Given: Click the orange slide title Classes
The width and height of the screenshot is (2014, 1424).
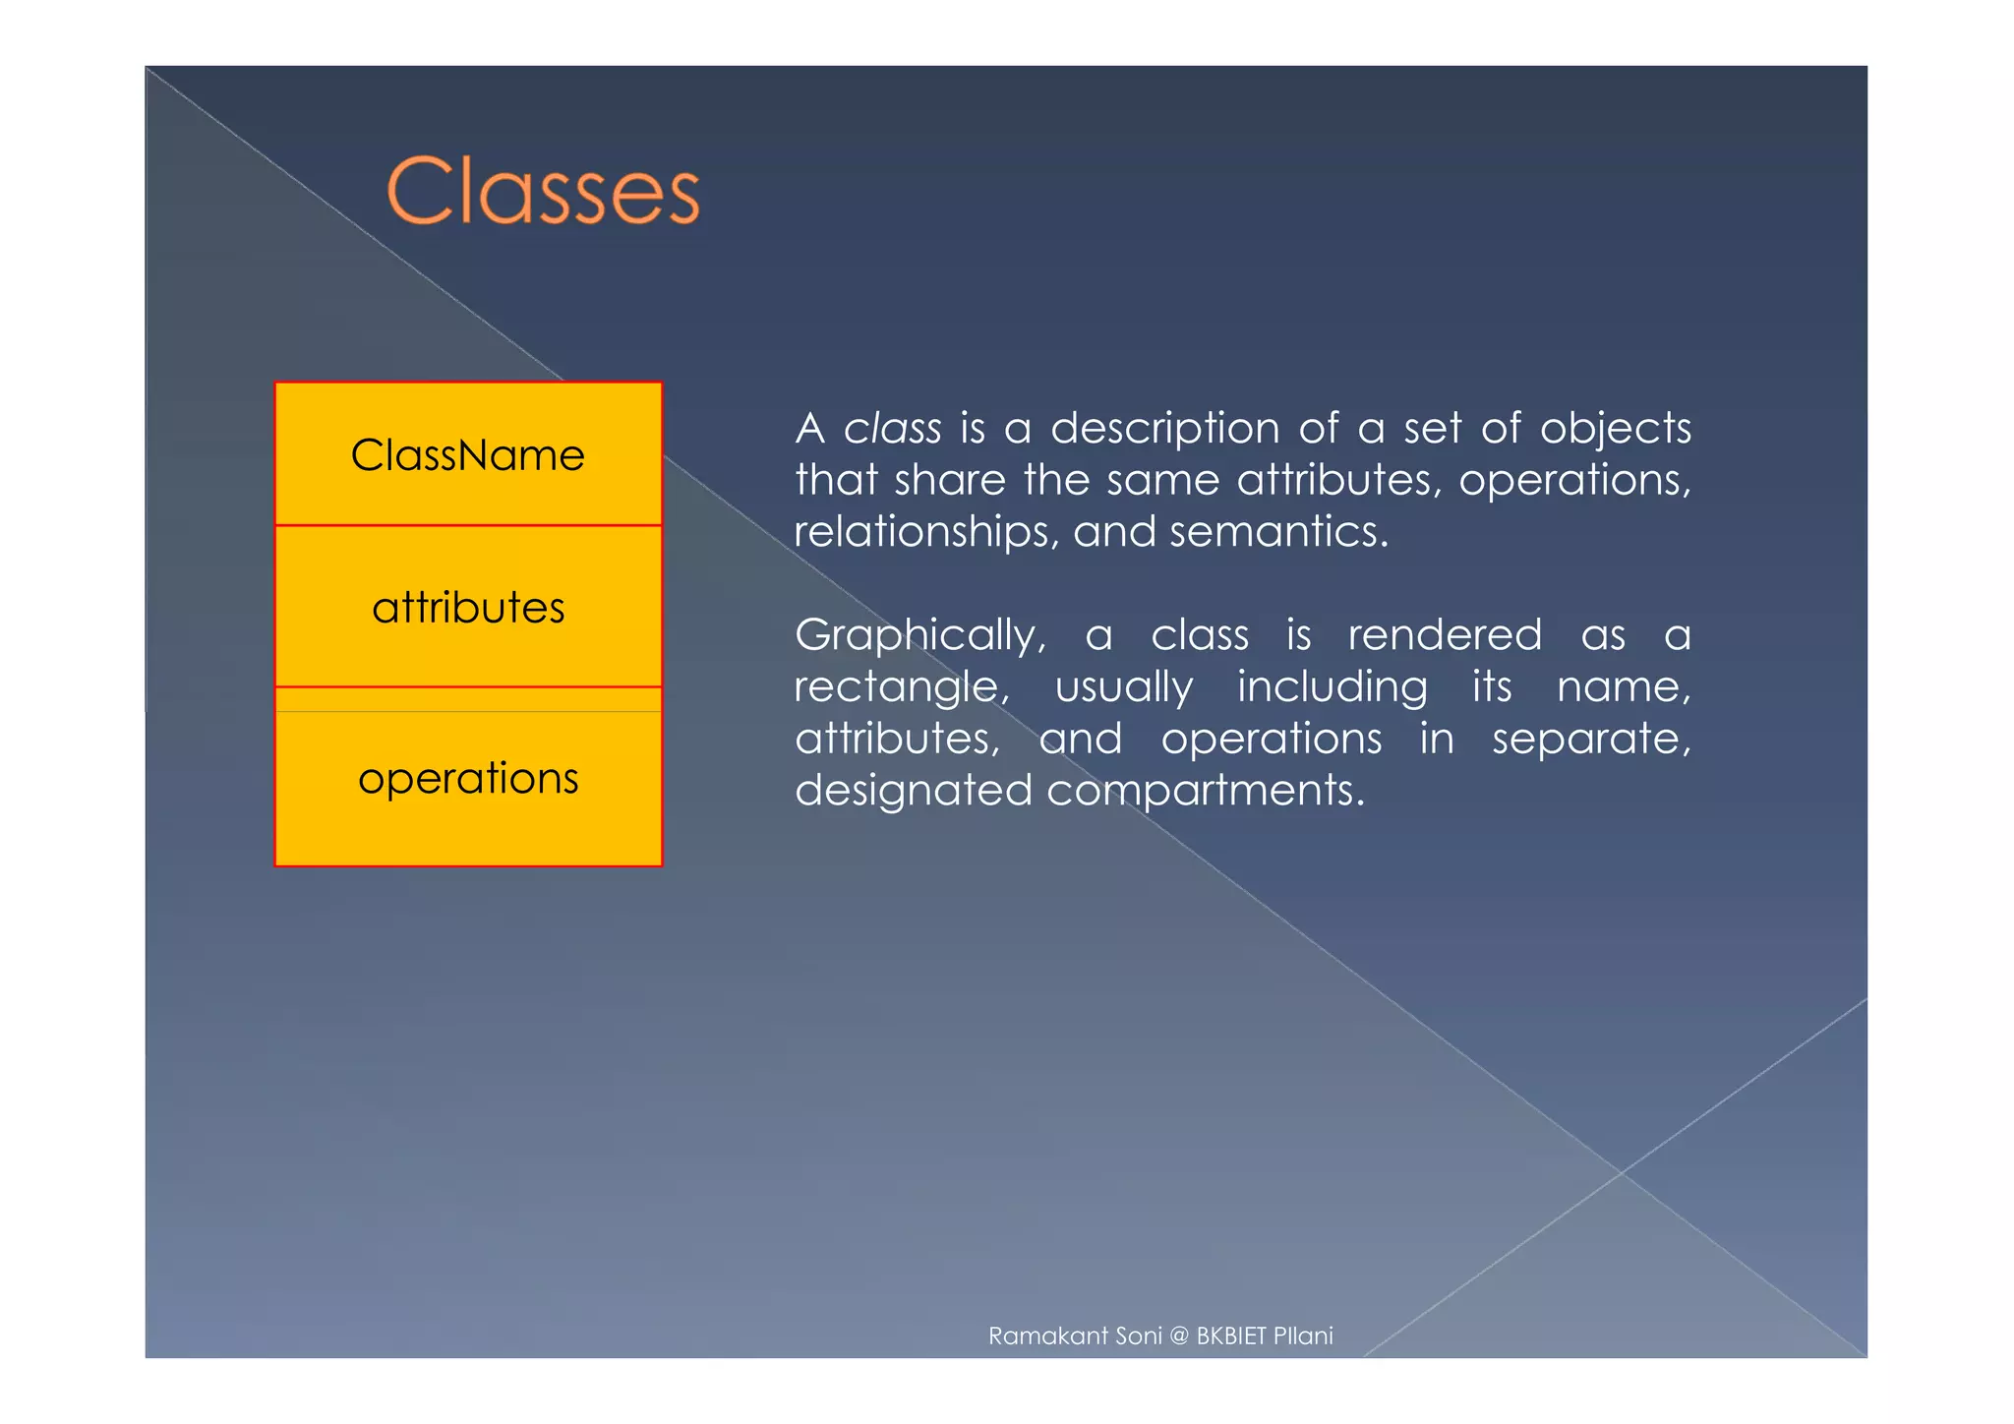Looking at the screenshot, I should [x=543, y=191].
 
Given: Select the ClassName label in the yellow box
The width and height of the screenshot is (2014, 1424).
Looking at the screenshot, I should [x=468, y=455].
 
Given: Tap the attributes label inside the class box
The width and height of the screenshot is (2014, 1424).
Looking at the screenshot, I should [x=468, y=608].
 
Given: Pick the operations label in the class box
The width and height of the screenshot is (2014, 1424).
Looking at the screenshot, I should [x=468, y=778].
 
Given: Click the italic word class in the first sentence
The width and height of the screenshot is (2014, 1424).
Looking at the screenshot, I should [x=893, y=429].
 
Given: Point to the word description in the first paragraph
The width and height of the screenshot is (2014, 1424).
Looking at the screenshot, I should [x=1165, y=429].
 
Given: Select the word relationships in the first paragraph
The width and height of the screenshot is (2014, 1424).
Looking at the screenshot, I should [x=926, y=532].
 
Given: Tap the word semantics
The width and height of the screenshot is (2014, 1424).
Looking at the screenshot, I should [x=1278, y=532].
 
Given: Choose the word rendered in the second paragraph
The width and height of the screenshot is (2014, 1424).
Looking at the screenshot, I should [x=1445, y=635].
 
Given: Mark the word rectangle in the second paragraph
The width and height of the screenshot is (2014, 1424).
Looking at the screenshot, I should [x=901, y=687].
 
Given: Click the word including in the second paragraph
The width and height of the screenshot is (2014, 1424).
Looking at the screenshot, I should [x=1332, y=687].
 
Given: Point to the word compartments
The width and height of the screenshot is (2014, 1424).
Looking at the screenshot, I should [x=1206, y=791].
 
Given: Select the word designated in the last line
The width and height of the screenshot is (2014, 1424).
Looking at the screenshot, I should [x=913, y=791].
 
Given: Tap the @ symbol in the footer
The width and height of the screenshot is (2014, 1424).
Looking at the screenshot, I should [x=1179, y=1335].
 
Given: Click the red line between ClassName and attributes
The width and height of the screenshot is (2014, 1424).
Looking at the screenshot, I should [x=468, y=525].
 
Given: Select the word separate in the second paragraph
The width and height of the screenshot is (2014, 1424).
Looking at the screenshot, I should [x=1590, y=739].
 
